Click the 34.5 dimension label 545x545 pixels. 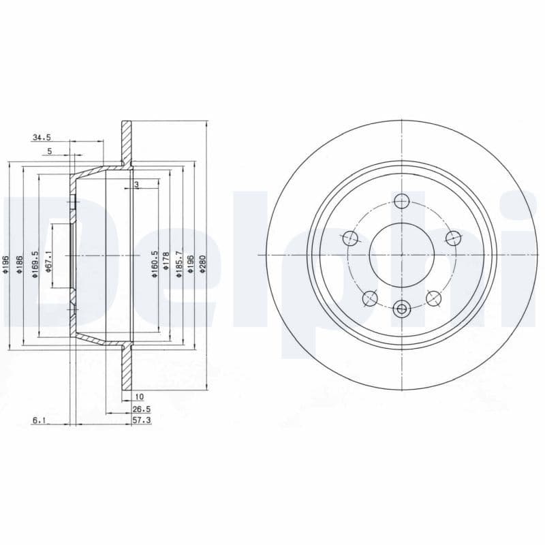tap(42, 138)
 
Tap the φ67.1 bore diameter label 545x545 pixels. tap(49, 262)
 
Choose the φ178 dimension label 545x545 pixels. tap(166, 263)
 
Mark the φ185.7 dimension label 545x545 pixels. tap(179, 262)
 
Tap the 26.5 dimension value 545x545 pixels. tap(141, 410)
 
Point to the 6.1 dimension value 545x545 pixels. tap(39, 422)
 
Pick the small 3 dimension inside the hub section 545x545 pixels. tap(136, 185)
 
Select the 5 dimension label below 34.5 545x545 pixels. tap(49, 152)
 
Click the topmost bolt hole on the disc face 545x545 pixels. tap(401, 201)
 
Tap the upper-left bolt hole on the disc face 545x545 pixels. tap(350, 238)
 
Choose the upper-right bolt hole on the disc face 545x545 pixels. tap(452, 238)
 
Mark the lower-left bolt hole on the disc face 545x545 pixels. tap(370, 298)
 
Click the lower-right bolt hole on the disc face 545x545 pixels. tap(433, 298)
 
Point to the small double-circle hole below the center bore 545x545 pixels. tap(401, 310)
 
